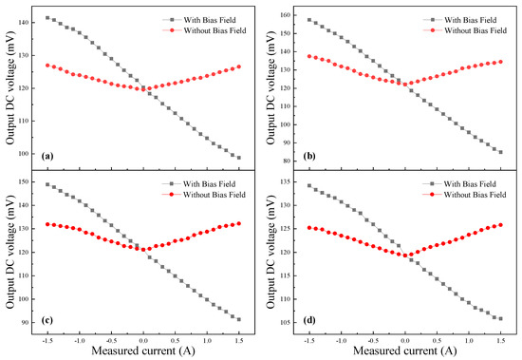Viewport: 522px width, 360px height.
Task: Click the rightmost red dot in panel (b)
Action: (x=500, y=62)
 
